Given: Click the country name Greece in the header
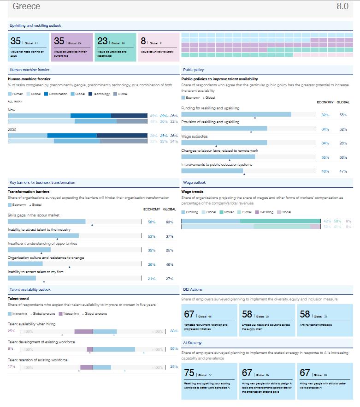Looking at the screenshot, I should tap(26, 6).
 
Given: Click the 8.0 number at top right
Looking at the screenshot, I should tap(342, 6).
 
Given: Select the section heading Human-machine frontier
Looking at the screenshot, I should tap(30, 70).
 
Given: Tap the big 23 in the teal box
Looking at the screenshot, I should tap(102, 42).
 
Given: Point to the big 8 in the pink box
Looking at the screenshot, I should tap(143, 42).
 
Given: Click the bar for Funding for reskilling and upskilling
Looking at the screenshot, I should tap(236, 114).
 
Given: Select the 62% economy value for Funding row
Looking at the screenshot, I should tap(325, 115).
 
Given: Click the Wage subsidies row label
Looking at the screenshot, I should tap(194, 136).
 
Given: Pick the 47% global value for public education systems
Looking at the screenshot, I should tap(343, 171).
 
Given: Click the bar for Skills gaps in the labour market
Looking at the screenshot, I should tap(47, 221).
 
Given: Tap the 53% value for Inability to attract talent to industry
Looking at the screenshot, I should tap(152, 236).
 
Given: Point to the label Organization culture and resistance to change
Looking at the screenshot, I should tap(46, 257).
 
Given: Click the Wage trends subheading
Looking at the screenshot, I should tap(192, 192).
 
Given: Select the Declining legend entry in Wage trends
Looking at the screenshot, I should tap(266, 212).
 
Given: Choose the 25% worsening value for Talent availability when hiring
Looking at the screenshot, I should tap(12, 331).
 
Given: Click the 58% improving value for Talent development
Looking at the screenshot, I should tap(174, 348).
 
